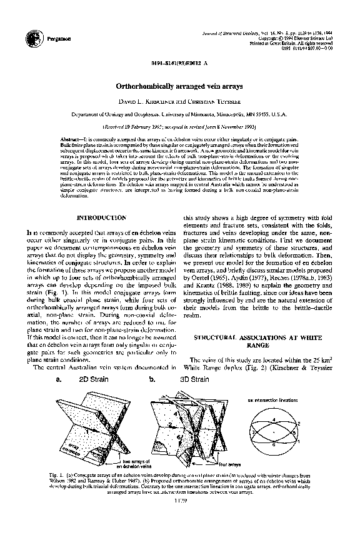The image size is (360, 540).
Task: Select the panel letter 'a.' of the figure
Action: (58, 379)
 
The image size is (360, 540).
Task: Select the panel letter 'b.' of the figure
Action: (152, 379)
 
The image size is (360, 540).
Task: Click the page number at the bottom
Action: (179, 500)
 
